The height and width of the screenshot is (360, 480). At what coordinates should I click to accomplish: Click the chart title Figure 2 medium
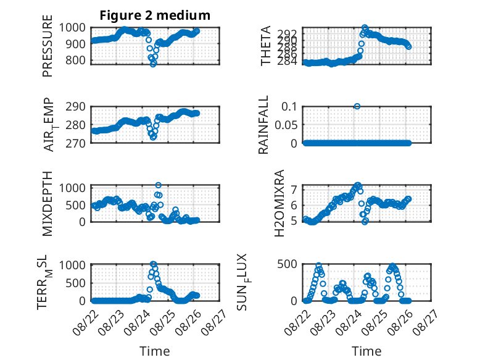(155, 15)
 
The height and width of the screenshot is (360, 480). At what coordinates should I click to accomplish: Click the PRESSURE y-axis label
(48, 46)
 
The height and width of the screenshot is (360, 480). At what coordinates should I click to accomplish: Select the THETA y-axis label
(265, 46)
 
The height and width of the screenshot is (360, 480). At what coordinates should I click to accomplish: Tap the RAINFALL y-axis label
(263, 125)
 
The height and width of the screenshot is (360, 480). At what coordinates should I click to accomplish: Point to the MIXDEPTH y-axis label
(48, 204)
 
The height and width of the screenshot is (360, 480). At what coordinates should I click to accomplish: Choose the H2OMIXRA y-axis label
(279, 203)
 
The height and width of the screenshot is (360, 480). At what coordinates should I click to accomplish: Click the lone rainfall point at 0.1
(357, 106)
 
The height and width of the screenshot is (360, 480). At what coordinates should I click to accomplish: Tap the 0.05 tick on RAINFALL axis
(286, 125)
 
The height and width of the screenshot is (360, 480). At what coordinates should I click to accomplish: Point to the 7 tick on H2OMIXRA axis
(294, 190)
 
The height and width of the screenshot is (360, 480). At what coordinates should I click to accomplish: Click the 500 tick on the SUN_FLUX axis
(287, 264)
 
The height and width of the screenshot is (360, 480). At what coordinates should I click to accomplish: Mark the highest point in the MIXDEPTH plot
(159, 185)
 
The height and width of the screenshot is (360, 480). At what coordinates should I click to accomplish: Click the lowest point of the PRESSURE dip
(153, 64)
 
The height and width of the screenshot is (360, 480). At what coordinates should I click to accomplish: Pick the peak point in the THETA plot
(365, 28)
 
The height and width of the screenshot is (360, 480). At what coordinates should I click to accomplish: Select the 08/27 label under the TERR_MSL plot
(214, 322)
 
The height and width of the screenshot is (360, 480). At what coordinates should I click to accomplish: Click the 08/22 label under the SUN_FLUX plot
(297, 322)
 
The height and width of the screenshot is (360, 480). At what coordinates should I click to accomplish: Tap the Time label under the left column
(155, 351)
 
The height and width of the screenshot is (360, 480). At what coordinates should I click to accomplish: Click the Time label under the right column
(366, 351)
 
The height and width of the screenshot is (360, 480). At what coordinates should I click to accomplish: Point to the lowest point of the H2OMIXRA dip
(365, 222)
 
